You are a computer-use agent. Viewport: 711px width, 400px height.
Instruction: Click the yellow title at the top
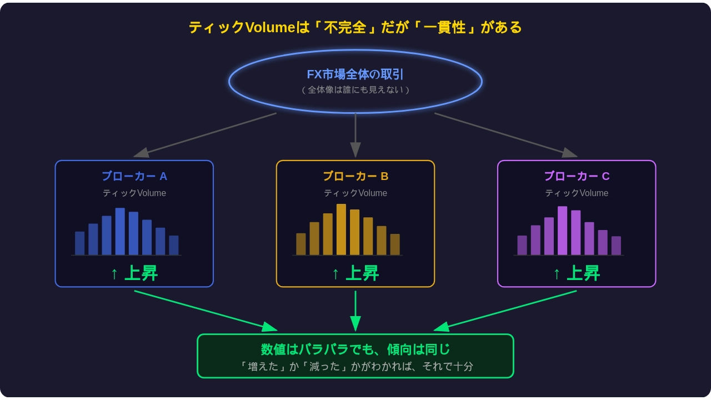tap(355, 27)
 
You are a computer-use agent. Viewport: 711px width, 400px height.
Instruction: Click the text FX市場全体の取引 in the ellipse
tap(355, 74)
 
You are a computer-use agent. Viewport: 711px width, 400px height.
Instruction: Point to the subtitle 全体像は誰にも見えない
tap(355, 90)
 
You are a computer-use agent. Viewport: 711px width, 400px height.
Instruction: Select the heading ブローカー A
tap(134, 176)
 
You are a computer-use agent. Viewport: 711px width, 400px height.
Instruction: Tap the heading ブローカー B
tap(355, 176)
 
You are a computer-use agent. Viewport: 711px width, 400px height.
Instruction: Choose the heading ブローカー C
tap(577, 176)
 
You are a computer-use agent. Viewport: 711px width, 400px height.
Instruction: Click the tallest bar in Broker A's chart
tap(120, 232)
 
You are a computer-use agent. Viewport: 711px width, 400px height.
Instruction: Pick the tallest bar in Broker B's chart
tap(341, 229)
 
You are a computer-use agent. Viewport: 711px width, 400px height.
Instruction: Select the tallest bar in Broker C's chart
tap(562, 231)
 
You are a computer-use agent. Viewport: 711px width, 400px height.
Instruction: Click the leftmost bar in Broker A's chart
tap(79, 243)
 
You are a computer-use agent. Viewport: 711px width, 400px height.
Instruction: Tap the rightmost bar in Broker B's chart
tap(395, 244)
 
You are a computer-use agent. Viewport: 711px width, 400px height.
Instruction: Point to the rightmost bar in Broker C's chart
tap(616, 246)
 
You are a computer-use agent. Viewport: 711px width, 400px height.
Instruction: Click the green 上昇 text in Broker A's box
tap(141, 273)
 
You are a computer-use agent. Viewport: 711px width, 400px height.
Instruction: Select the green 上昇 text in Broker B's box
tap(362, 273)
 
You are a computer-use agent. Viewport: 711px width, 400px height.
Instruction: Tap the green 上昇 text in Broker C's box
tap(583, 273)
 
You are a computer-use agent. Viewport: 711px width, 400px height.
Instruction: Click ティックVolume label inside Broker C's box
tap(577, 193)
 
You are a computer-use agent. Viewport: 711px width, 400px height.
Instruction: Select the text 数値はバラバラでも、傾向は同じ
tap(355, 349)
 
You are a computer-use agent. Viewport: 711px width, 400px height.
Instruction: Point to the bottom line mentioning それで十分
tap(355, 367)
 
